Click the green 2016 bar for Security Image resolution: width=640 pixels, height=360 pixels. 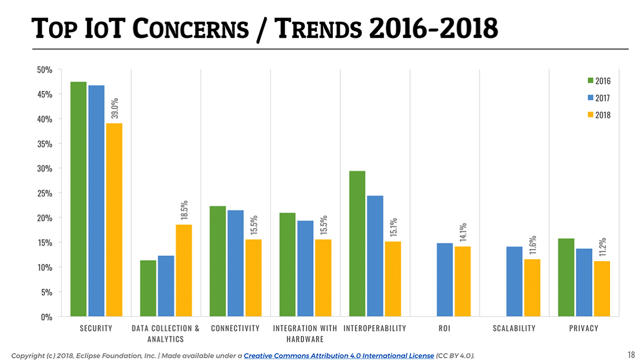click(x=79, y=199)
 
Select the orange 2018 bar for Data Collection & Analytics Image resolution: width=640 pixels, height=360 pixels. click(x=183, y=270)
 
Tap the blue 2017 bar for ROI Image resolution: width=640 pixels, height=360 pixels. click(x=444, y=279)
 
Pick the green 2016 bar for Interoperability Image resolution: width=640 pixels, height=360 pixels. click(x=357, y=244)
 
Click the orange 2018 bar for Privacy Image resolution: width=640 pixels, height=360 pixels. click(x=602, y=288)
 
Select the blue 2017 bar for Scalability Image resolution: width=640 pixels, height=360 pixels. click(x=514, y=281)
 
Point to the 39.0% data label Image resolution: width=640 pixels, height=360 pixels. click(x=115, y=108)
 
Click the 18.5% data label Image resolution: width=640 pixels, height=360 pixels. click(x=184, y=210)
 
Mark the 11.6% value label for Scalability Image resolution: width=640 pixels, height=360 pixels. click(x=533, y=245)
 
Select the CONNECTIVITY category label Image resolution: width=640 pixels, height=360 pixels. click(x=235, y=328)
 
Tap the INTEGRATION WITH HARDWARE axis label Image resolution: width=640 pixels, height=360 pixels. click(x=305, y=333)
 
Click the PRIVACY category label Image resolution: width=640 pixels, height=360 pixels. click(x=583, y=328)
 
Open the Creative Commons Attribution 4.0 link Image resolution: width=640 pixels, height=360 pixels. click(x=339, y=355)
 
